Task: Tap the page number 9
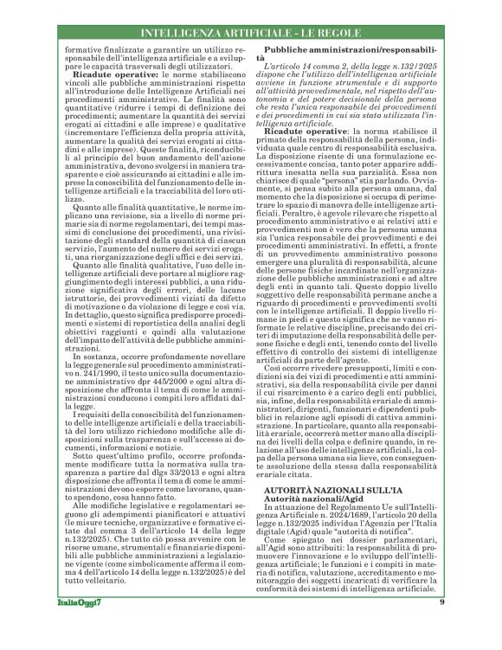(441, 627)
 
